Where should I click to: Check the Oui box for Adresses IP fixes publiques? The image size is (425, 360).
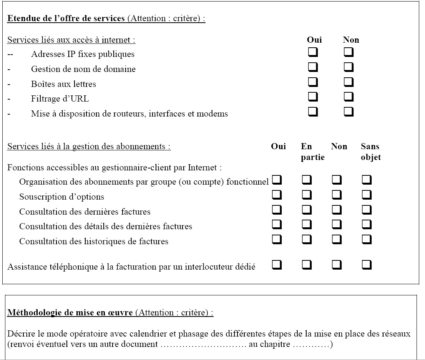point(313,52)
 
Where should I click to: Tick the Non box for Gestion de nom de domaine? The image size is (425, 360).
point(349,67)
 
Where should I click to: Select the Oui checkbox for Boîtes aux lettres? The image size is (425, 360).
point(313,82)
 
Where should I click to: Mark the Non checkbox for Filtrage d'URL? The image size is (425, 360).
point(349,97)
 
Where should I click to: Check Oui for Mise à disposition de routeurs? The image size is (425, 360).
point(313,112)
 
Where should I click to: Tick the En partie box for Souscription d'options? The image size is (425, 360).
point(307,195)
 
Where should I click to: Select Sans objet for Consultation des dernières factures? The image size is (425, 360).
point(367,210)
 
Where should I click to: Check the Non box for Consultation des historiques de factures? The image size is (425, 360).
point(337,240)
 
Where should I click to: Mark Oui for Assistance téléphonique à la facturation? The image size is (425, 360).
point(277,265)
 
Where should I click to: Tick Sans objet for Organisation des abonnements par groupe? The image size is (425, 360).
point(367,180)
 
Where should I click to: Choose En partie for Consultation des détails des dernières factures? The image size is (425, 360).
point(307,225)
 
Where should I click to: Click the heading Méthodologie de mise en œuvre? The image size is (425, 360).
point(70,312)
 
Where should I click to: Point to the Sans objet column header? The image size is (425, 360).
point(370,152)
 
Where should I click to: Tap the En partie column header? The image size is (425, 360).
point(312,152)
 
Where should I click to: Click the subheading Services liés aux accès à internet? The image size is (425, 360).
point(71,40)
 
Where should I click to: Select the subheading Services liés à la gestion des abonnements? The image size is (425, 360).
point(89,147)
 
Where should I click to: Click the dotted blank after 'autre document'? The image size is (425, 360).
point(203,345)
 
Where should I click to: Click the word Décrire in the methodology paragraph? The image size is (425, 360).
point(20,334)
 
